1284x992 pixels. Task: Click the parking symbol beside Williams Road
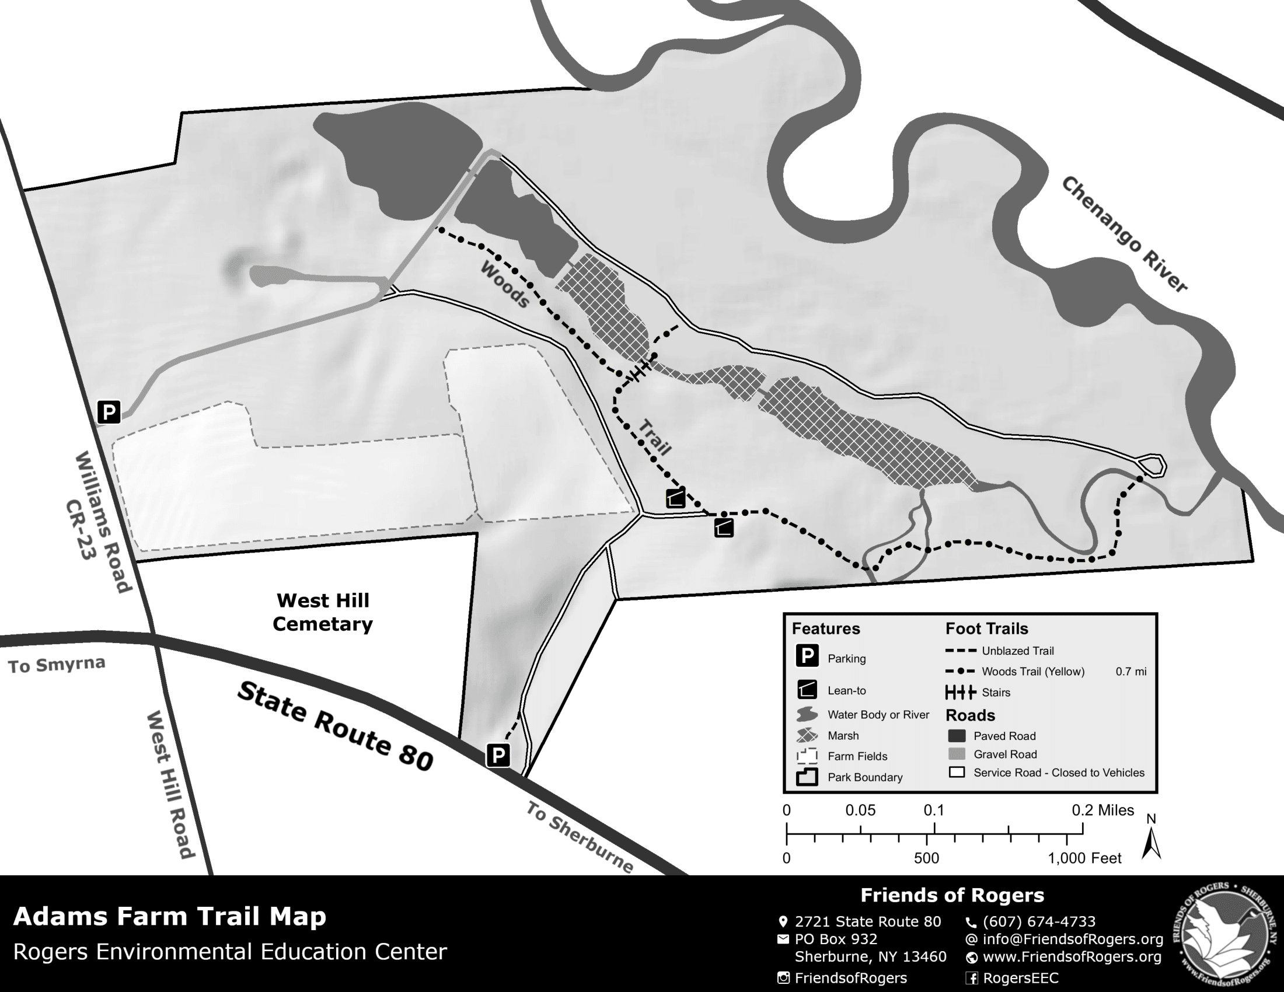[109, 412]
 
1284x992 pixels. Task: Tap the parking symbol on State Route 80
[498, 755]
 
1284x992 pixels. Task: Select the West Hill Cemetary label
[323, 612]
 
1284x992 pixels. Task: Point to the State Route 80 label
[336, 726]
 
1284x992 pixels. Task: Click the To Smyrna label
[57, 665]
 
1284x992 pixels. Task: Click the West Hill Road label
[170, 784]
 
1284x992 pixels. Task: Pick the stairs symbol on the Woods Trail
[641, 370]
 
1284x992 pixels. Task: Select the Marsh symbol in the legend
[807, 735]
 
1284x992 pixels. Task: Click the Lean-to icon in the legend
[807, 690]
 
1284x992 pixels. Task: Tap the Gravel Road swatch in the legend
[957, 754]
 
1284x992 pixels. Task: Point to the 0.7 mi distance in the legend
[1131, 671]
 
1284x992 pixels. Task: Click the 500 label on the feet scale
[926, 858]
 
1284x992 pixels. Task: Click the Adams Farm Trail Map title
[169, 916]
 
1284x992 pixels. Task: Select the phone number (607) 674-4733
[1039, 921]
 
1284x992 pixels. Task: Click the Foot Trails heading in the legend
[986, 629]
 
